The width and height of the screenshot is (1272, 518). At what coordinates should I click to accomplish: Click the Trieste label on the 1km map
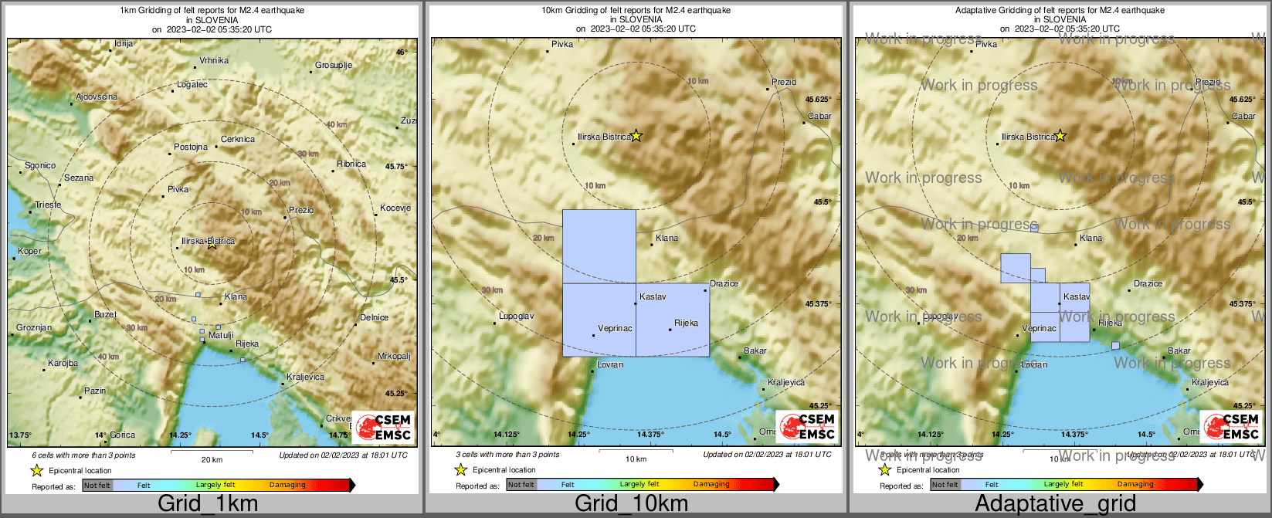pyautogui.click(x=48, y=205)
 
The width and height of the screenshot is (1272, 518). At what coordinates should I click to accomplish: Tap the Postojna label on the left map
pyautogui.click(x=191, y=147)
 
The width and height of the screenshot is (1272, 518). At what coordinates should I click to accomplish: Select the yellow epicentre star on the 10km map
pyautogui.click(x=636, y=136)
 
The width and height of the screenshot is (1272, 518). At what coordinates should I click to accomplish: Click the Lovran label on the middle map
pyautogui.click(x=610, y=364)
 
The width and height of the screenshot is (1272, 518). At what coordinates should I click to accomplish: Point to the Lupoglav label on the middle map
pyautogui.click(x=516, y=317)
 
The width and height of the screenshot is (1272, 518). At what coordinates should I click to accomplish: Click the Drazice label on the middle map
pyautogui.click(x=724, y=283)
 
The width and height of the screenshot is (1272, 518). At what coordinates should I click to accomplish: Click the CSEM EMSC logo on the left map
pyautogui.click(x=383, y=427)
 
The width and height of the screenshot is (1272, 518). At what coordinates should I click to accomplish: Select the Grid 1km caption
pyautogui.click(x=208, y=504)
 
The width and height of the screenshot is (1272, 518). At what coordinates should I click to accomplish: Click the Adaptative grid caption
pyautogui.click(x=1055, y=504)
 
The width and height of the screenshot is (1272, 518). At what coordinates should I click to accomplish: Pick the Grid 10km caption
pyautogui.click(x=631, y=504)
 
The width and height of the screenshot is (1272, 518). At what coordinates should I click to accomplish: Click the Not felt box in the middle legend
pyautogui.click(x=521, y=485)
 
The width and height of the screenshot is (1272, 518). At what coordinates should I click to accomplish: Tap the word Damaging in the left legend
pyautogui.click(x=287, y=485)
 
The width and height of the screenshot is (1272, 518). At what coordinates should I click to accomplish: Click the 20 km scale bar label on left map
pyautogui.click(x=212, y=459)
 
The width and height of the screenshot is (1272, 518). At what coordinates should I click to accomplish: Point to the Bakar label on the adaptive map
pyautogui.click(x=1179, y=350)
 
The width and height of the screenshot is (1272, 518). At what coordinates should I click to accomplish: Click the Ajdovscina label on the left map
pyautogui.click(x=97, y=96)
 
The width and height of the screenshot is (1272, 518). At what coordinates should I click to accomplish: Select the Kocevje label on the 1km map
pyautogui.click(x=395, y=208)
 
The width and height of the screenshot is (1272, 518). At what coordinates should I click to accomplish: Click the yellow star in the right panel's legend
pyautogui.click(x=885, y=470)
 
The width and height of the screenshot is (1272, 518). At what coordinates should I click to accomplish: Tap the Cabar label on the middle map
pyautogui.click(x=819, y=116)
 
